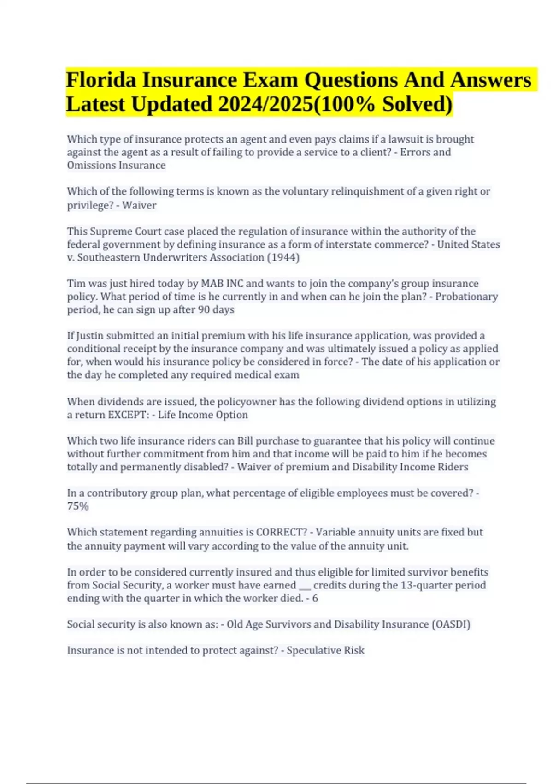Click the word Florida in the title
[101, 80]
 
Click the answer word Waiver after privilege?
[139, 205]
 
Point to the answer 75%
[77, 506]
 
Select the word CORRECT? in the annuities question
[281, 532]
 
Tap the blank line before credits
[305, 586]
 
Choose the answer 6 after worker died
[315, 599]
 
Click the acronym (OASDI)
[451, 624]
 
